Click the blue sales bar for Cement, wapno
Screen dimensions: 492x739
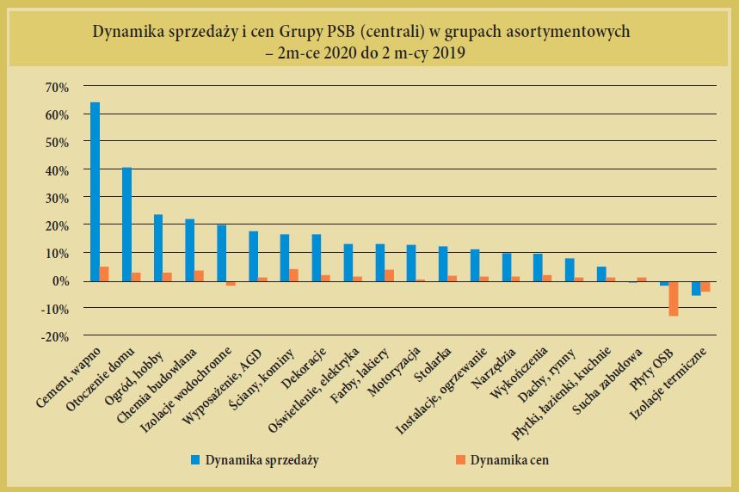coord(95,191)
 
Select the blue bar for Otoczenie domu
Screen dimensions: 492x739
coord(126,224)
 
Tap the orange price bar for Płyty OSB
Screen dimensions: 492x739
coord(674,298)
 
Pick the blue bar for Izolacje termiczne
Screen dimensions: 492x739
coord(696,288)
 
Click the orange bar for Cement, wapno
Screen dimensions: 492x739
coord(104,274)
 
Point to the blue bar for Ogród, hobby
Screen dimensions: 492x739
coord(158,248)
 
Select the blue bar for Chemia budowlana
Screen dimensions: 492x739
coord(189,250)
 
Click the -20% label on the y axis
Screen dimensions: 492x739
coord(52,336)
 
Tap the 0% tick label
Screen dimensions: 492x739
coord(59,281)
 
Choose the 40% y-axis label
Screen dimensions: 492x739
coord(55,170)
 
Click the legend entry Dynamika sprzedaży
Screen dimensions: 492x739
coord(262,460)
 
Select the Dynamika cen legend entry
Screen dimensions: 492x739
coord(514,460)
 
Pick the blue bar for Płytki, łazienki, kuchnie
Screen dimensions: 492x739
coord(601,274)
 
